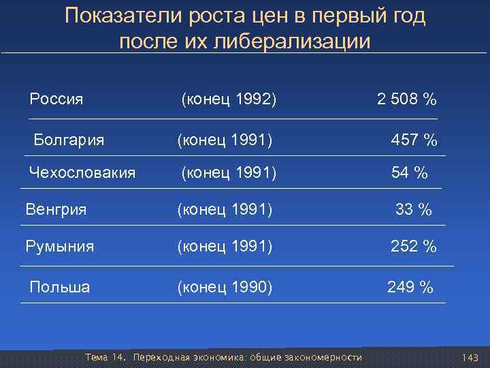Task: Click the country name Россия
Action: (56, 99)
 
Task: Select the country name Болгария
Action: (69, 140)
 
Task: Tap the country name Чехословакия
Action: (82, 173)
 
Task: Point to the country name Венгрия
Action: (56, 209)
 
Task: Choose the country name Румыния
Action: (60, 247)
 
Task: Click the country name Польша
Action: (59, 287)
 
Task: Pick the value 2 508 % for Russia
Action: (407, 99)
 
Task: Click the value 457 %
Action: (414, 141)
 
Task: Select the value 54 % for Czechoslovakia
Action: (409, 174)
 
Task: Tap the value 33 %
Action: (414, 210)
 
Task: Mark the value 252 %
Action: (413, 247)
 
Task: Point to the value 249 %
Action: (410, 288)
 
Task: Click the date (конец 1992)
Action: (229, 100)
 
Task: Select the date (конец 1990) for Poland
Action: (225, 288)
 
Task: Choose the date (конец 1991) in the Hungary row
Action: (225, 210)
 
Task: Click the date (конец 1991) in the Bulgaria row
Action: (225, 141)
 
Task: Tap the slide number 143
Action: (470, 358)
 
